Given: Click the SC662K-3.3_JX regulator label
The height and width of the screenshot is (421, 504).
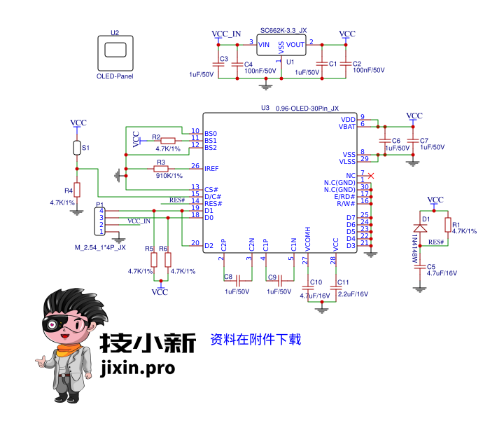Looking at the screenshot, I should pos(283,31).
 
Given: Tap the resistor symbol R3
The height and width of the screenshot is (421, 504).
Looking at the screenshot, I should pos(161,169).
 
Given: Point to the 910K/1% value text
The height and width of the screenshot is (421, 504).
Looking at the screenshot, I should pos(168,177).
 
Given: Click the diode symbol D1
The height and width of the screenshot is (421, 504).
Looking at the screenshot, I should pos(420,228).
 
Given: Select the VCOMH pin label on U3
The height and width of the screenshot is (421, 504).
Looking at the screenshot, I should pos(308,240).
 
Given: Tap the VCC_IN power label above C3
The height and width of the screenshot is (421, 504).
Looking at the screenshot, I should pos(226,34).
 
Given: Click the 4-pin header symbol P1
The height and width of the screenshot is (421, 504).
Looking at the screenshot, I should pos(102,221).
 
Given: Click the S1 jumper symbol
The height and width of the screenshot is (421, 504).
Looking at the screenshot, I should pos(77,148).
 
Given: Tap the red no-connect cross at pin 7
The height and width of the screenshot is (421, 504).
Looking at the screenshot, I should pos(372,175).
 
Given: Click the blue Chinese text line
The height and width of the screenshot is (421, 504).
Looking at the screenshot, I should pos(255,340).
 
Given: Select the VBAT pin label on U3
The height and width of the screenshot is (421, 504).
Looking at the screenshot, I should pos(347,127).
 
